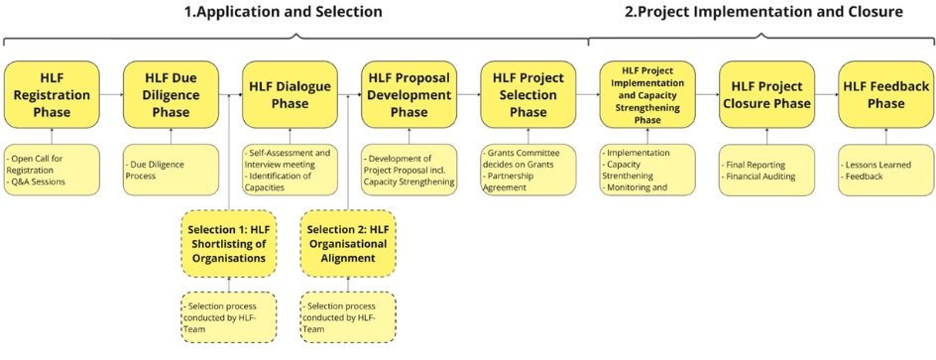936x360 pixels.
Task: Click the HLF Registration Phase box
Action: point(52,94)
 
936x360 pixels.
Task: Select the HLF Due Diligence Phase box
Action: point(172,94)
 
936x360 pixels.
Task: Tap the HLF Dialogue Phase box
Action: point(291,94)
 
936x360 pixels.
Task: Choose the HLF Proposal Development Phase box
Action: point(409,94)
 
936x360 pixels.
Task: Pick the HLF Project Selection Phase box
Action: point(528,94)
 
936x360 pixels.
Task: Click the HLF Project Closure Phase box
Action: point(767,94)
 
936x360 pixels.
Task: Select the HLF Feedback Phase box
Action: point(885,94)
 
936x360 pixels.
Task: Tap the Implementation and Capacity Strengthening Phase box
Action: point(647,94)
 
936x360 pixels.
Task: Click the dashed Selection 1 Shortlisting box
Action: point(229,244)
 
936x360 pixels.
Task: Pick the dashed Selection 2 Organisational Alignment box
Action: point(348,244)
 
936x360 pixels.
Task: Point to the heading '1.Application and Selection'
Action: point(283,11)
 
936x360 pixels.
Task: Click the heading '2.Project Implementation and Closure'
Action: point(763,11)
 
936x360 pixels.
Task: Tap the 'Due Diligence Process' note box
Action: point(172,171)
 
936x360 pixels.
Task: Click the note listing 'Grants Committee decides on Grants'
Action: point(528,171)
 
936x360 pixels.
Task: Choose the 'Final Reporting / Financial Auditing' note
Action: point(767,171)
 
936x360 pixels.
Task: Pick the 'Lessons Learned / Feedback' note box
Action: point(885,171)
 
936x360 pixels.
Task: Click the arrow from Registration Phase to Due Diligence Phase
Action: point(112,94)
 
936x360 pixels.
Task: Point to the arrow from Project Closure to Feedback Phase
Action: point(827,94)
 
